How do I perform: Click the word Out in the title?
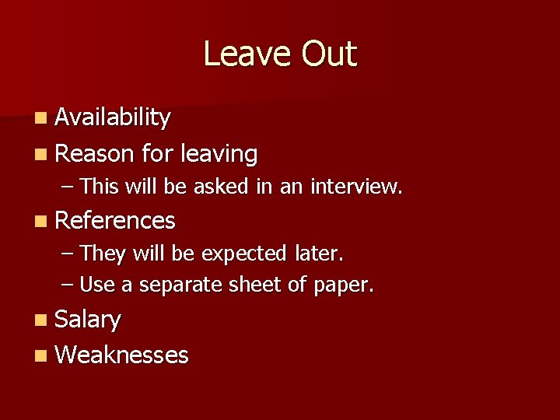coord(329,54)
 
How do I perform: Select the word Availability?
coord(113,117)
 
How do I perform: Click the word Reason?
coord(95,154)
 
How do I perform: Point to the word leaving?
coord(219,155)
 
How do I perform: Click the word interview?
coord(356,187)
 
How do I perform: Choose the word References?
coord(116,221)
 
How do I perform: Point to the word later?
coord(319,254)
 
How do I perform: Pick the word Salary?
coord(89,320)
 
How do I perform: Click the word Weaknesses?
coord(122,355)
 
